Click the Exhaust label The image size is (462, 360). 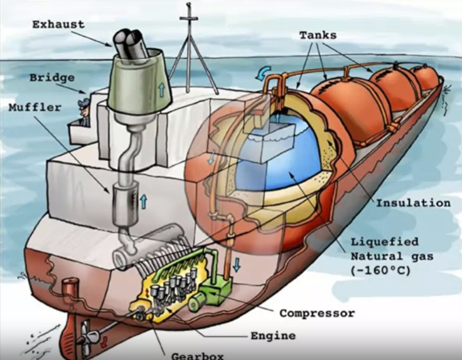(58, 24)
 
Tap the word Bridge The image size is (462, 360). (52, 78)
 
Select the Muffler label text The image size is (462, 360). (35, 107)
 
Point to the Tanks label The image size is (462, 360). (318, 35)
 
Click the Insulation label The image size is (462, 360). (414, 203)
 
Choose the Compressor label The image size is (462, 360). (317, 313)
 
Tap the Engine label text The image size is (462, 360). (273, 335)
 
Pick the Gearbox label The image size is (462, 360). (197, 356)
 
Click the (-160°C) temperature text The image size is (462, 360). (380, 270)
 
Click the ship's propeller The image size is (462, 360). (87, 335)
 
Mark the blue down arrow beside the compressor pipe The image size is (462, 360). (237, 265)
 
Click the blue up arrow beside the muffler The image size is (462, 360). (144, 202)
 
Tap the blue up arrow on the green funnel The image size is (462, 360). (161, 89)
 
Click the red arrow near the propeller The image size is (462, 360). (104, 341)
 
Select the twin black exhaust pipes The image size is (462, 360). (131, 43)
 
